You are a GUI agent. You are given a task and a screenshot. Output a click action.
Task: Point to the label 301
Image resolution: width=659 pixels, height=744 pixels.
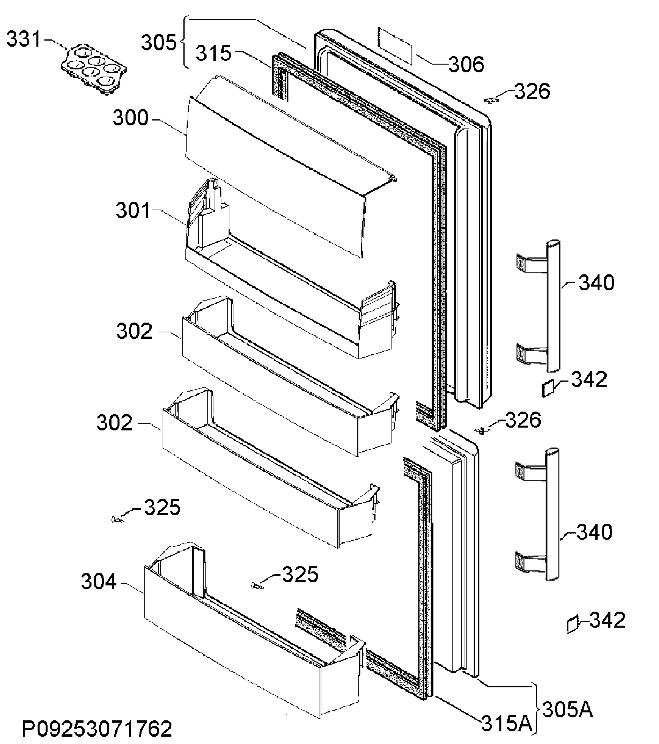[133, 211]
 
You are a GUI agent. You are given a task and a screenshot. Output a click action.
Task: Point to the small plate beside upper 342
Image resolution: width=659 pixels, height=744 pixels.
[548, 389]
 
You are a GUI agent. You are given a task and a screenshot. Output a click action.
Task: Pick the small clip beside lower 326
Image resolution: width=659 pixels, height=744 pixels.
[481, 431]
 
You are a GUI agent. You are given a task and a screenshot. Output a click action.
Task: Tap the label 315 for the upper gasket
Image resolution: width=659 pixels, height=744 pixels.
[214, 53]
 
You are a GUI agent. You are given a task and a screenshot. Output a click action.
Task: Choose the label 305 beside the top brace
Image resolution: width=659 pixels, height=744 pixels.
[159, 42]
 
